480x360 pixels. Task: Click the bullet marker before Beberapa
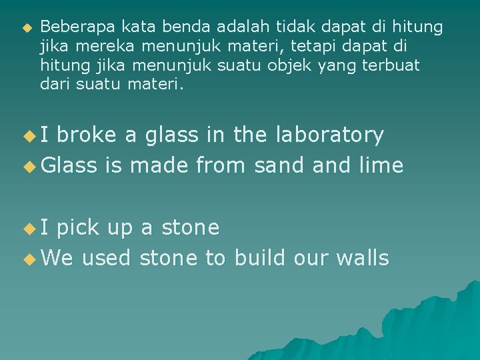click(27, 28)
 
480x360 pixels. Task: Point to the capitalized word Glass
click(69, 165)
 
